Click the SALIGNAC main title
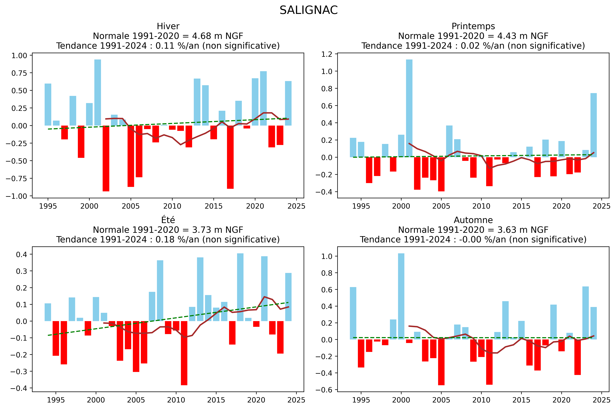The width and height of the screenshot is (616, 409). pos(309,10)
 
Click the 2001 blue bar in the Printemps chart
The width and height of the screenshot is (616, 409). pos(409,108)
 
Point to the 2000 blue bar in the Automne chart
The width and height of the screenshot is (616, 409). pos(401,296)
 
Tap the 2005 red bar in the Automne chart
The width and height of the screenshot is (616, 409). pos(441,362)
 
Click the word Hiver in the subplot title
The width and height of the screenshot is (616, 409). pos(168,26)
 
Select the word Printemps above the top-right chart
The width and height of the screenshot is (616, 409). pos(473,26)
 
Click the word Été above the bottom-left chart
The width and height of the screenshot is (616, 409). pos(168,220)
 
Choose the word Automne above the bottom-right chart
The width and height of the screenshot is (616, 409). pos(473,220)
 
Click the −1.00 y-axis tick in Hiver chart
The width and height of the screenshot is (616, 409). pos(19,196)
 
